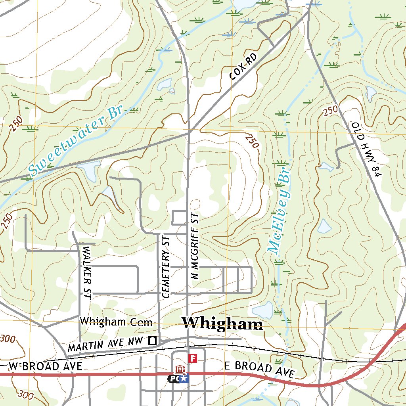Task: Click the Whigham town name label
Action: (222, 324)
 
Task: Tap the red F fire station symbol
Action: (193, 358)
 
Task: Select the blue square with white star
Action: (184, 379)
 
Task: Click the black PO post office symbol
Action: (173, 379)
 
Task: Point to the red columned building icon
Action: (180, 370)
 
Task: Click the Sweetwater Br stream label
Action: (75, 140)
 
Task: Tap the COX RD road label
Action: (243, 66)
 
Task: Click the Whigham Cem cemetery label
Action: (116, 322)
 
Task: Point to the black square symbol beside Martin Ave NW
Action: (152, 340)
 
